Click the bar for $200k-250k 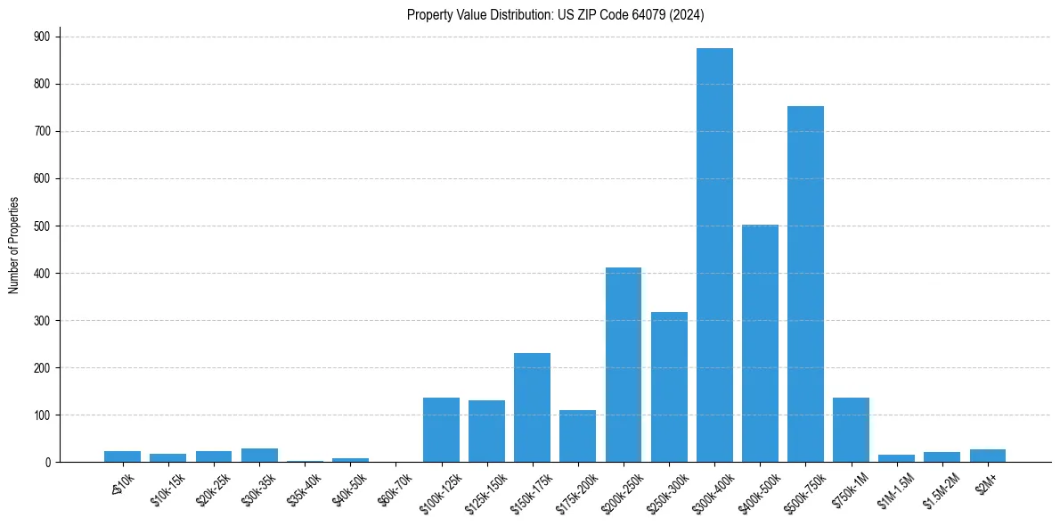click(x=624, y=365)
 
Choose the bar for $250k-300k click(x=669, y=387)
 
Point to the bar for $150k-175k click(x=532, y=407)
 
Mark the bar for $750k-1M click(x=851, y=430)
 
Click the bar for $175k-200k click(x=577, y=436)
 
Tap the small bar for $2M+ click(x=987, y=456)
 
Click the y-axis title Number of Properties click(x=14, y=245)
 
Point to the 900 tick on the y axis click(x=41, y=37)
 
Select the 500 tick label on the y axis click(x=41, y=226)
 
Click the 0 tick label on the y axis click(x=46, y=462)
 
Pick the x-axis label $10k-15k click(x=167, y=491)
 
